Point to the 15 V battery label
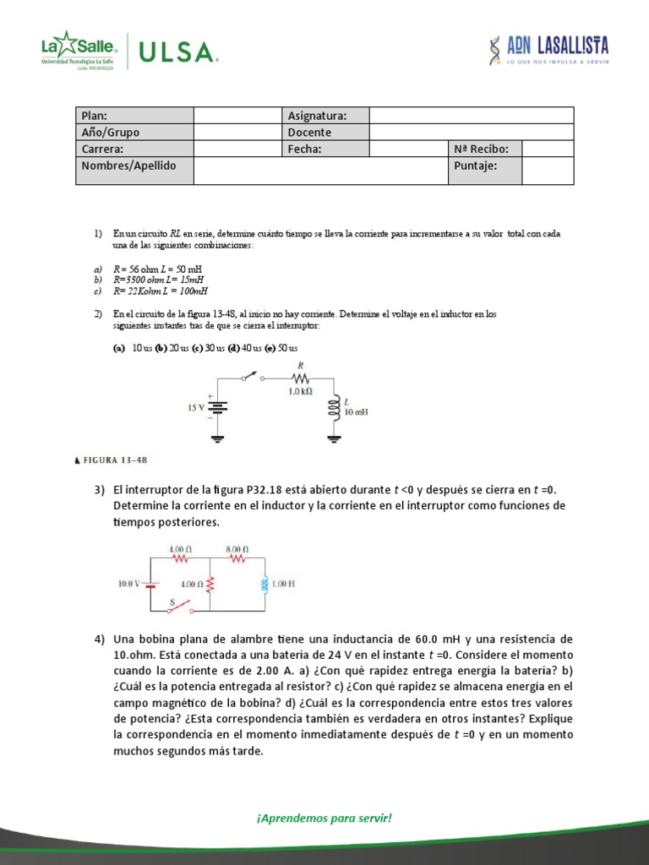196,407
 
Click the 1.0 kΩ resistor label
300,391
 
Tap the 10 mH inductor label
355,412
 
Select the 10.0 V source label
131,583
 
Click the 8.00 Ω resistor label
237,548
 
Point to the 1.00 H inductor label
284,583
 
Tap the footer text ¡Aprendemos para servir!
324,818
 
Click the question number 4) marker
100,639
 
